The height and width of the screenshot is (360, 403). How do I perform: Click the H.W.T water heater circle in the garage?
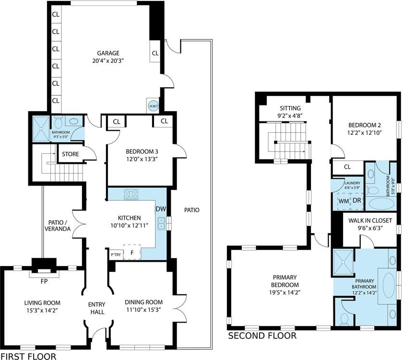coord(154,106)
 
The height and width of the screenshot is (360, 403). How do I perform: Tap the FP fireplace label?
coord(44,281)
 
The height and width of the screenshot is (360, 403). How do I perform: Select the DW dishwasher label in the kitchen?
coord(161,209)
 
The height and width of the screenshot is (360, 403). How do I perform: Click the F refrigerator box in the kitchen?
coord(132,253)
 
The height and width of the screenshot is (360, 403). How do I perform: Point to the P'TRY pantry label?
coord(116,255)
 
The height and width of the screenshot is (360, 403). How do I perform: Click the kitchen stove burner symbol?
coord(131,194)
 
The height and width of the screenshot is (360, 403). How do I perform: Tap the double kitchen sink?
coord(161,223)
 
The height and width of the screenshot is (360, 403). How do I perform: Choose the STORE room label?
coord(71,154)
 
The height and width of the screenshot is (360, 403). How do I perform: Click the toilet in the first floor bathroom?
coord(59,123)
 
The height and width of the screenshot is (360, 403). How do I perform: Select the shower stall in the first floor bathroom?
coord(41,128)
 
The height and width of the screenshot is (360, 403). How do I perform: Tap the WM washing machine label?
coord(344,201)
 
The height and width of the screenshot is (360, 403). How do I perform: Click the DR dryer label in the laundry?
coord(357,200)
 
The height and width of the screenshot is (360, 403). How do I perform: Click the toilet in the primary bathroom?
coord(344,319)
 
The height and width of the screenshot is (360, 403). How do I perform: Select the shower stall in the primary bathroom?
coord(344,262)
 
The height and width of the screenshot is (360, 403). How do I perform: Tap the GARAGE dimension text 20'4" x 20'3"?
coord(108,61)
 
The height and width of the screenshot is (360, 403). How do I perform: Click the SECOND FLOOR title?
coord(262,336)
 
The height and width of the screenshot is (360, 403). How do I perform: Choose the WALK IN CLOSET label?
coord(370,221)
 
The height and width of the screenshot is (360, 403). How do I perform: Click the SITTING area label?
coord(290,108)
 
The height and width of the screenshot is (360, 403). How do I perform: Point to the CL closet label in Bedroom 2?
coord(347,167)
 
